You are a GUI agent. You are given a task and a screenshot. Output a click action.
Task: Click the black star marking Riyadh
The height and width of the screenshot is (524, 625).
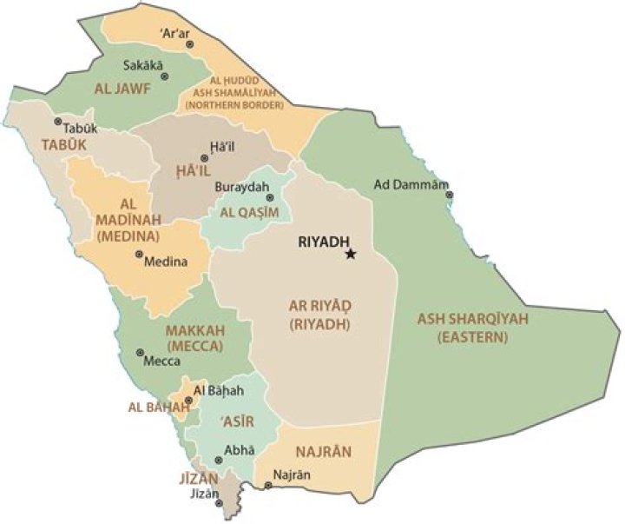351,255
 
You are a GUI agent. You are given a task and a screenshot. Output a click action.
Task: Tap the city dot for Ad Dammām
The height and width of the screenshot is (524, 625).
449,195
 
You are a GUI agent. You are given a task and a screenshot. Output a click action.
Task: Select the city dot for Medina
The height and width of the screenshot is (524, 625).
139,255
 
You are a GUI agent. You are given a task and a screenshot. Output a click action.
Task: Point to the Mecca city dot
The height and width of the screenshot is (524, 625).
140,353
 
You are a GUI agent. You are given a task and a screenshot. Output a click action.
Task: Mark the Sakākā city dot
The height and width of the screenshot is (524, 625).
165,76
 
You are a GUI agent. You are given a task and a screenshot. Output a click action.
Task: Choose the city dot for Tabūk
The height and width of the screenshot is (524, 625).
57,122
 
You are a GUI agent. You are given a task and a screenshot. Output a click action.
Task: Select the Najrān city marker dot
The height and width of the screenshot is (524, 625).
268,485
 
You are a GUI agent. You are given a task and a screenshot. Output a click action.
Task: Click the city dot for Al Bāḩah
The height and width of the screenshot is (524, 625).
188,401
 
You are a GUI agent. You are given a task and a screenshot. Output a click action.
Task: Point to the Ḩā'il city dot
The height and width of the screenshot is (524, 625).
204,158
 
